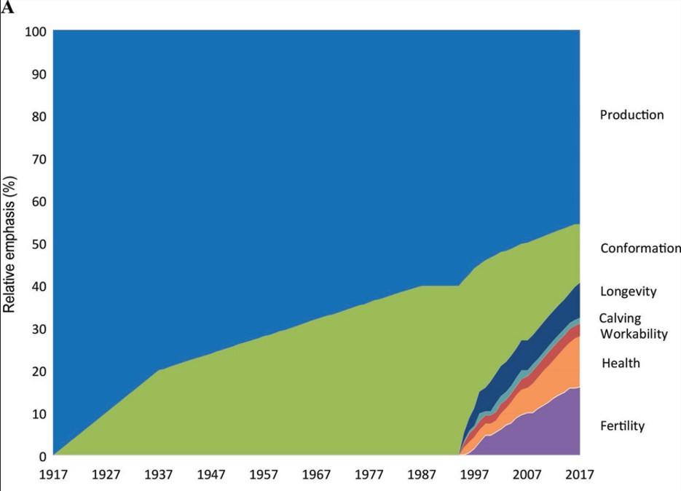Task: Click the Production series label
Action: [x=631, y=115]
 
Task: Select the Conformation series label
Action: [x=640, y=248]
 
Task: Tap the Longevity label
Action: [x=628, y=292]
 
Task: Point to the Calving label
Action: [x=620, y=318]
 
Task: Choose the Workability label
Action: [x=633, y=334]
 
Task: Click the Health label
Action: [x=621, y=363]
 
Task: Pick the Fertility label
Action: [x=623, y=426]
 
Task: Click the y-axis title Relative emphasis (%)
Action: [x=10, y=245]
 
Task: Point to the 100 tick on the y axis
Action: [x=36, y=31]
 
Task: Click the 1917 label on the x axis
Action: [x=54, y=475]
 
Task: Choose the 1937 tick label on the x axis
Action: [x=159, y=475]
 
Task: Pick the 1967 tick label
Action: [x=317, y=475]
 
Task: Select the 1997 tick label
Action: [x=474, y=475]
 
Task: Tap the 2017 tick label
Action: [x=579, y=475]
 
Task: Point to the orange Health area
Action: [x=554, y=379]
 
